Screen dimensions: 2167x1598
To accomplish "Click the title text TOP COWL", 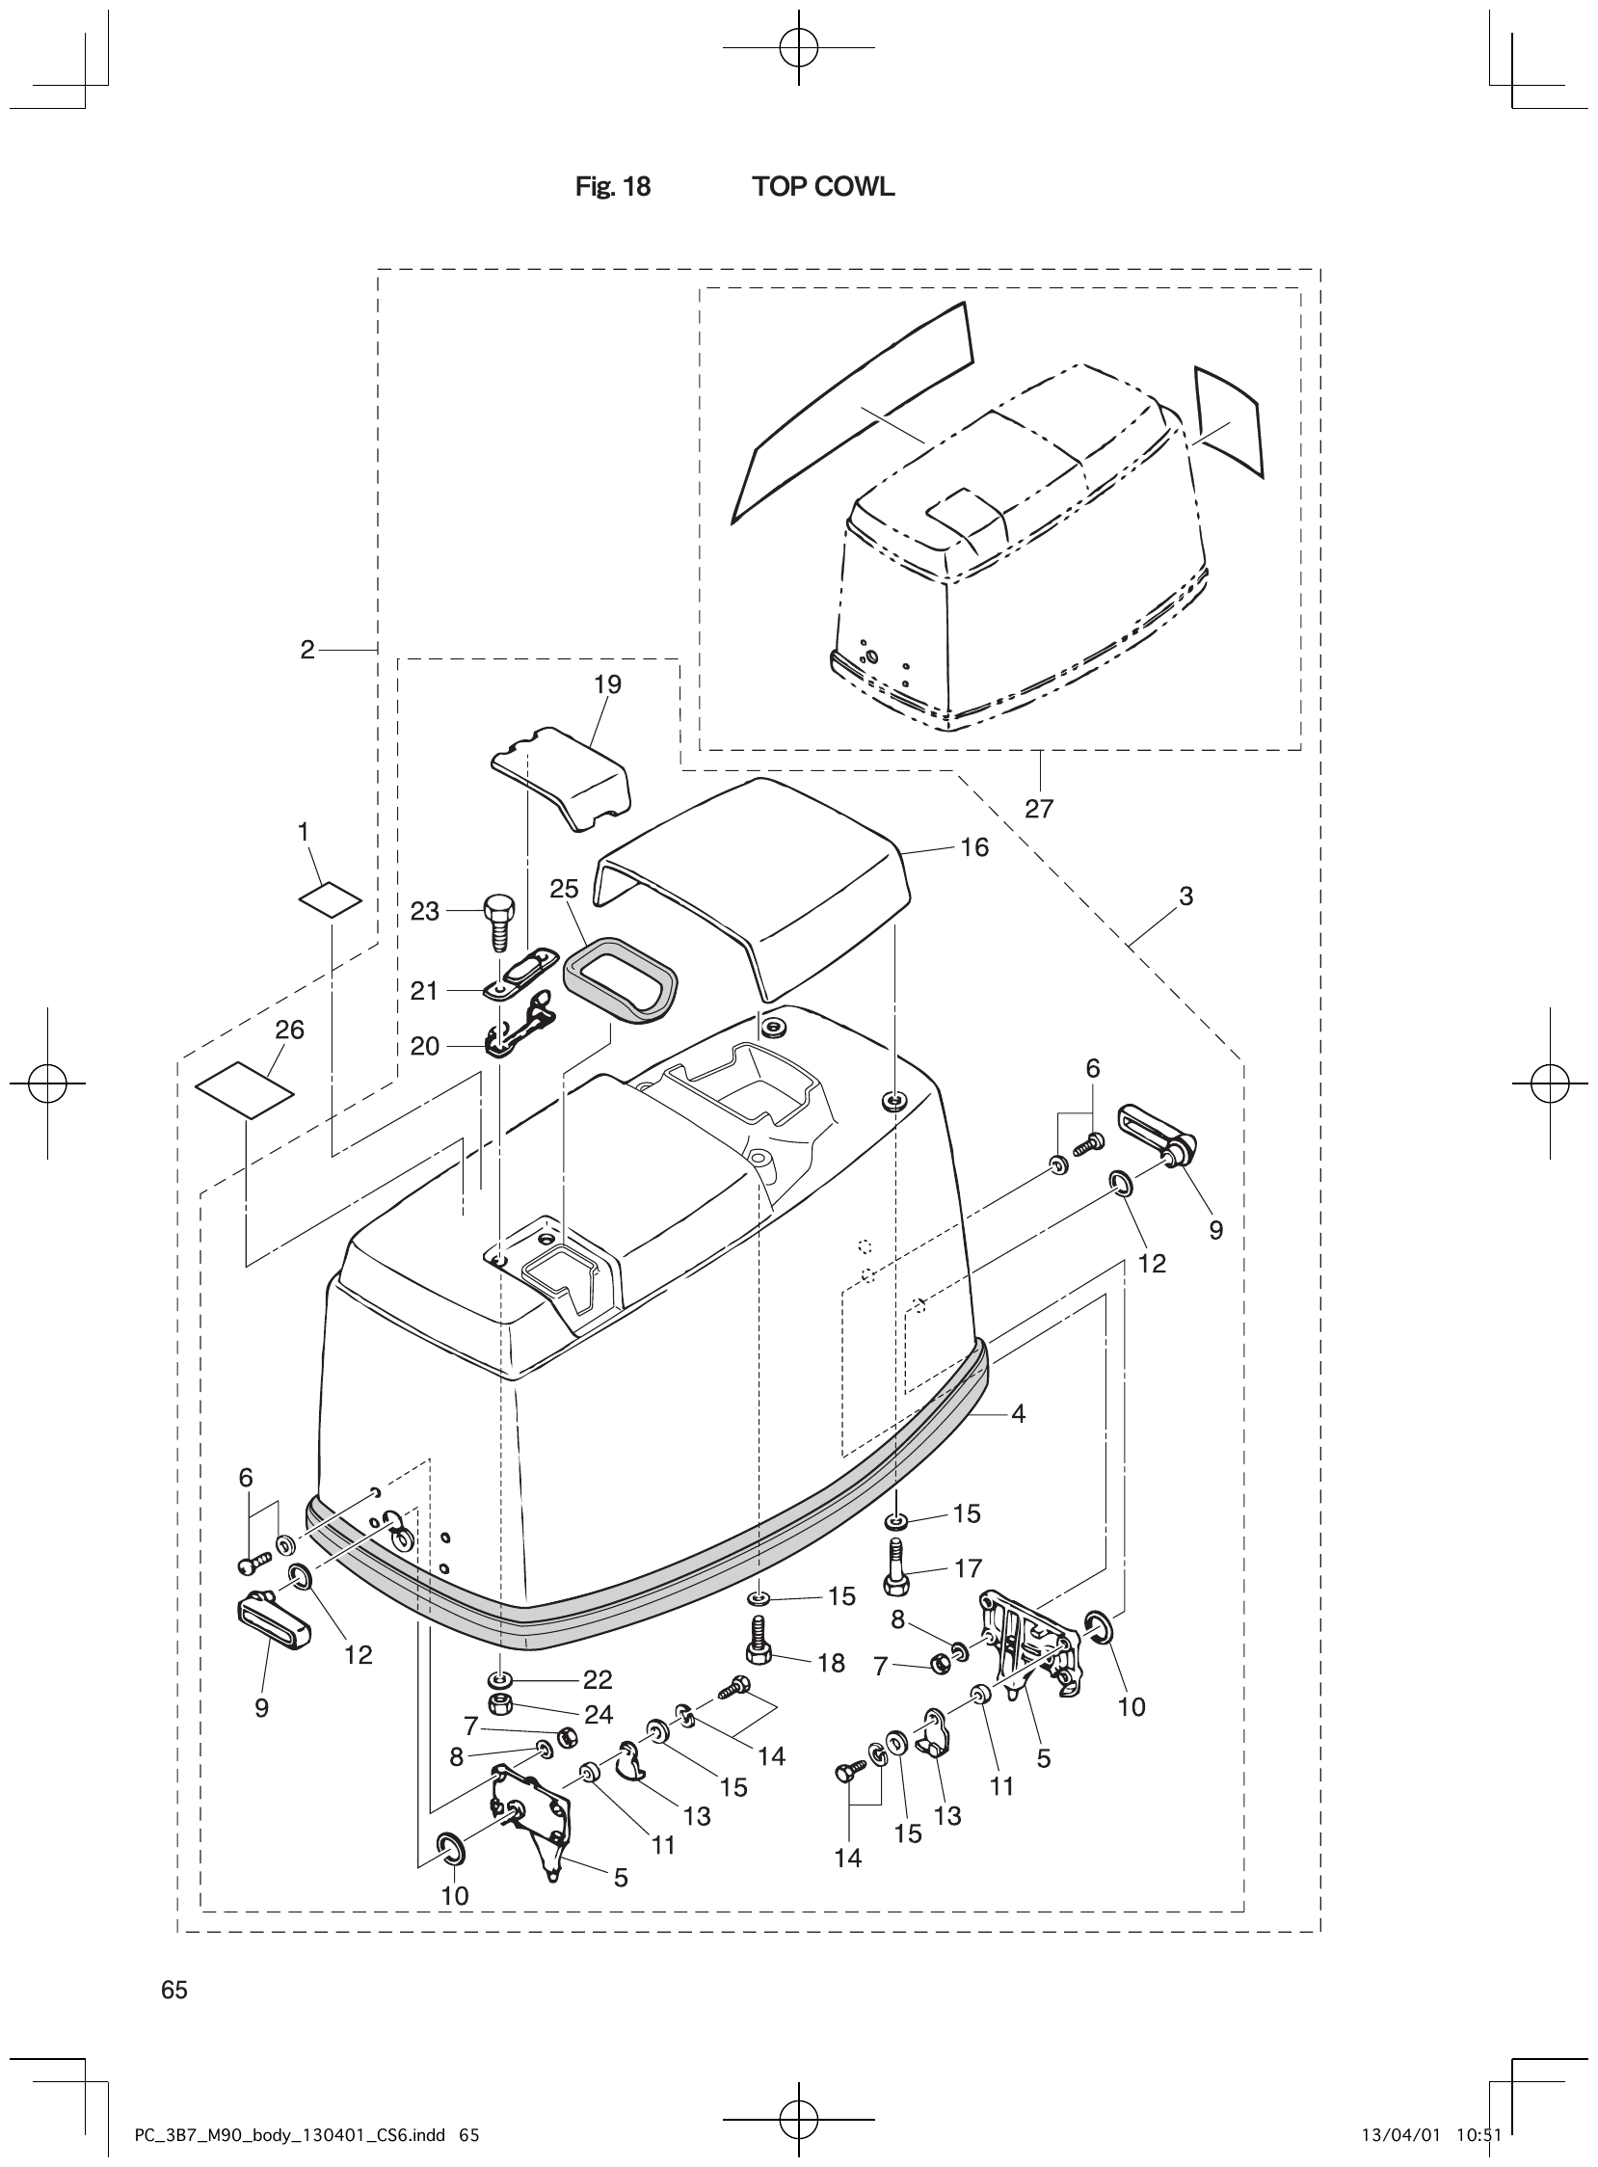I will (823, 187).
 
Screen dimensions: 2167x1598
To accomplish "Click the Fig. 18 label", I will (612, 187).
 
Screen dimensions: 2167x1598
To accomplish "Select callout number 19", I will (607, 684).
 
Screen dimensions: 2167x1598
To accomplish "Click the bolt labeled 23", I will (499, 921).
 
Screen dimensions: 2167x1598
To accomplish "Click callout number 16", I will (974, 847).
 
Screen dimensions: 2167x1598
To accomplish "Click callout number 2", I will (307, 650).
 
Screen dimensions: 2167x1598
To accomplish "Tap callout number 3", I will (1185, 896).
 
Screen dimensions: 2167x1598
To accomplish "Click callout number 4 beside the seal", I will (1018, 1414).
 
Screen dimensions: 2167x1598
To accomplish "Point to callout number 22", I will (598, 1679).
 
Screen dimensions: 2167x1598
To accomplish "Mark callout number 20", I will (425, 1046).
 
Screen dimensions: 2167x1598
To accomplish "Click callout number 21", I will (425, 991).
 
